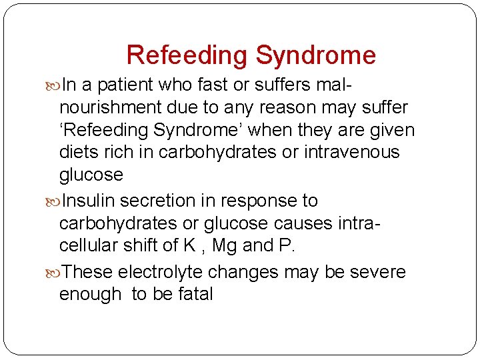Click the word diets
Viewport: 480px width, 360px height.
79,153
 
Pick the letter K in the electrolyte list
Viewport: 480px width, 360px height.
189,246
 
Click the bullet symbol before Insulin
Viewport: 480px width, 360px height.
55,201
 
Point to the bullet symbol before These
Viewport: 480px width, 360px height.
55,273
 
